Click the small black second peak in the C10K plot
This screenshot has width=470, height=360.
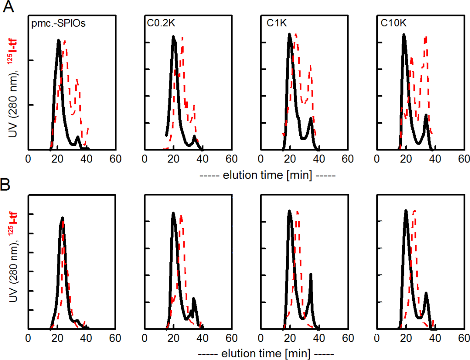[x=426, y=115]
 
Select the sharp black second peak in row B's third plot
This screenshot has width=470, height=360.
[x=311, y=275]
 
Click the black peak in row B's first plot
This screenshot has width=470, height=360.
[x=62, y=218]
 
